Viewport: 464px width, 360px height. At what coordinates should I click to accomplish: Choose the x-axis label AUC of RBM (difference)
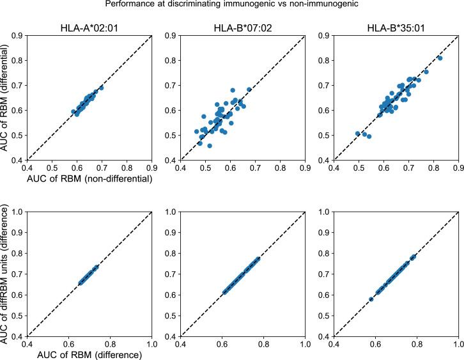coord(89,354)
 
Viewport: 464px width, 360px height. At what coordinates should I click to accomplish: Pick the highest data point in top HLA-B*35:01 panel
coord(440,58)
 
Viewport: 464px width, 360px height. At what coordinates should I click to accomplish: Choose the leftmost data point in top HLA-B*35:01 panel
coord(358,134)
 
